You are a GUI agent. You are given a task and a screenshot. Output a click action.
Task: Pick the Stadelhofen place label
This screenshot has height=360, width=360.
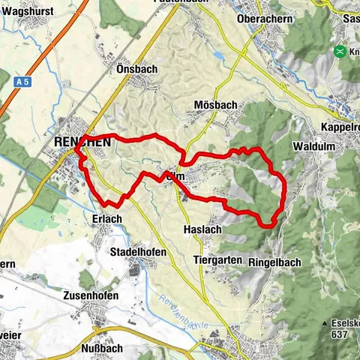[138, 252]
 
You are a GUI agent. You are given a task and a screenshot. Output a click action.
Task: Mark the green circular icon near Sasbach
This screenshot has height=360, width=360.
[342, 52]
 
